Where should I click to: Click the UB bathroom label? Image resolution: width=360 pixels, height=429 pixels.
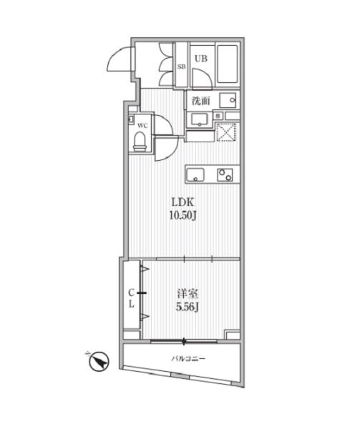[201, 59]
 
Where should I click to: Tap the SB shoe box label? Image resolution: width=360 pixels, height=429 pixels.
[182, 66]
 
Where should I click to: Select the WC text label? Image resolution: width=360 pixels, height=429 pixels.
[142, 126]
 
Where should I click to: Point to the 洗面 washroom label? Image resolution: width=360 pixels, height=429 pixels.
[200, 101]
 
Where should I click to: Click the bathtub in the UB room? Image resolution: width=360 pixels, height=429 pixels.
[228, 64]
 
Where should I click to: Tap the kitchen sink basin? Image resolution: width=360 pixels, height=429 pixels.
[195, 175]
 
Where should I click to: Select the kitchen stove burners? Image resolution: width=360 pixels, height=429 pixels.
[225, 175]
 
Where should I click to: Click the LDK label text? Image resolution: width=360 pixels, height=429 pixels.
[183, 202]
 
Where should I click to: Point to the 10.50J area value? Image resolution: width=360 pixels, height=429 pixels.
[183, 216]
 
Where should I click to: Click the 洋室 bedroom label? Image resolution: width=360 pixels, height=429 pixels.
[188, 294]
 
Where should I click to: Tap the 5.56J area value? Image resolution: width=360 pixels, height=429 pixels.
[188, 307]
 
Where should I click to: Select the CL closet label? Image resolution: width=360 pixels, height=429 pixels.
[132, 298]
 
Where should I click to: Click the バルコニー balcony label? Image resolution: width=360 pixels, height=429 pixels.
[188, 358]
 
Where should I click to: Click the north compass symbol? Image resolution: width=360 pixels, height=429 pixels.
[99, 361]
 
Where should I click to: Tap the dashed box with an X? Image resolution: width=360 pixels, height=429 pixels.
[226, 132]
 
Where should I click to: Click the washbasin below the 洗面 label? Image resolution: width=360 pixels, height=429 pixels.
[199, 120]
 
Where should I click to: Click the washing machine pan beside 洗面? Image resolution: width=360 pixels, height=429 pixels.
[228, 100]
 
